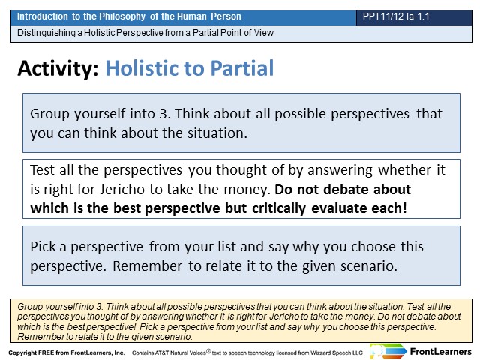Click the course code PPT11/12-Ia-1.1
pyautogui.click(x=396, y=16)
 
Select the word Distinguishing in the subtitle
pyautogui.click(x=46, y=33)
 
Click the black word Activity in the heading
pyautogui.click(x=58, y=68)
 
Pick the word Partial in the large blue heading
pyautogui.click(x=242, y=68)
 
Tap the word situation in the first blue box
pyautogui.click(x=217, y=133)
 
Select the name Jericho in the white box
pyautogui.click(x=123, y=190)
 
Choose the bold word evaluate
pyautogui.click(x=339, y=208)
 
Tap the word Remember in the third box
pyautogui.click(x=147, y=266)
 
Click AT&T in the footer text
pyautogui.click(x=162, y=352)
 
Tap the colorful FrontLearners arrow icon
pyautogui.click(x=388, y=351)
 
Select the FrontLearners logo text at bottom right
pyautogui.click(x=440, y=352)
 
